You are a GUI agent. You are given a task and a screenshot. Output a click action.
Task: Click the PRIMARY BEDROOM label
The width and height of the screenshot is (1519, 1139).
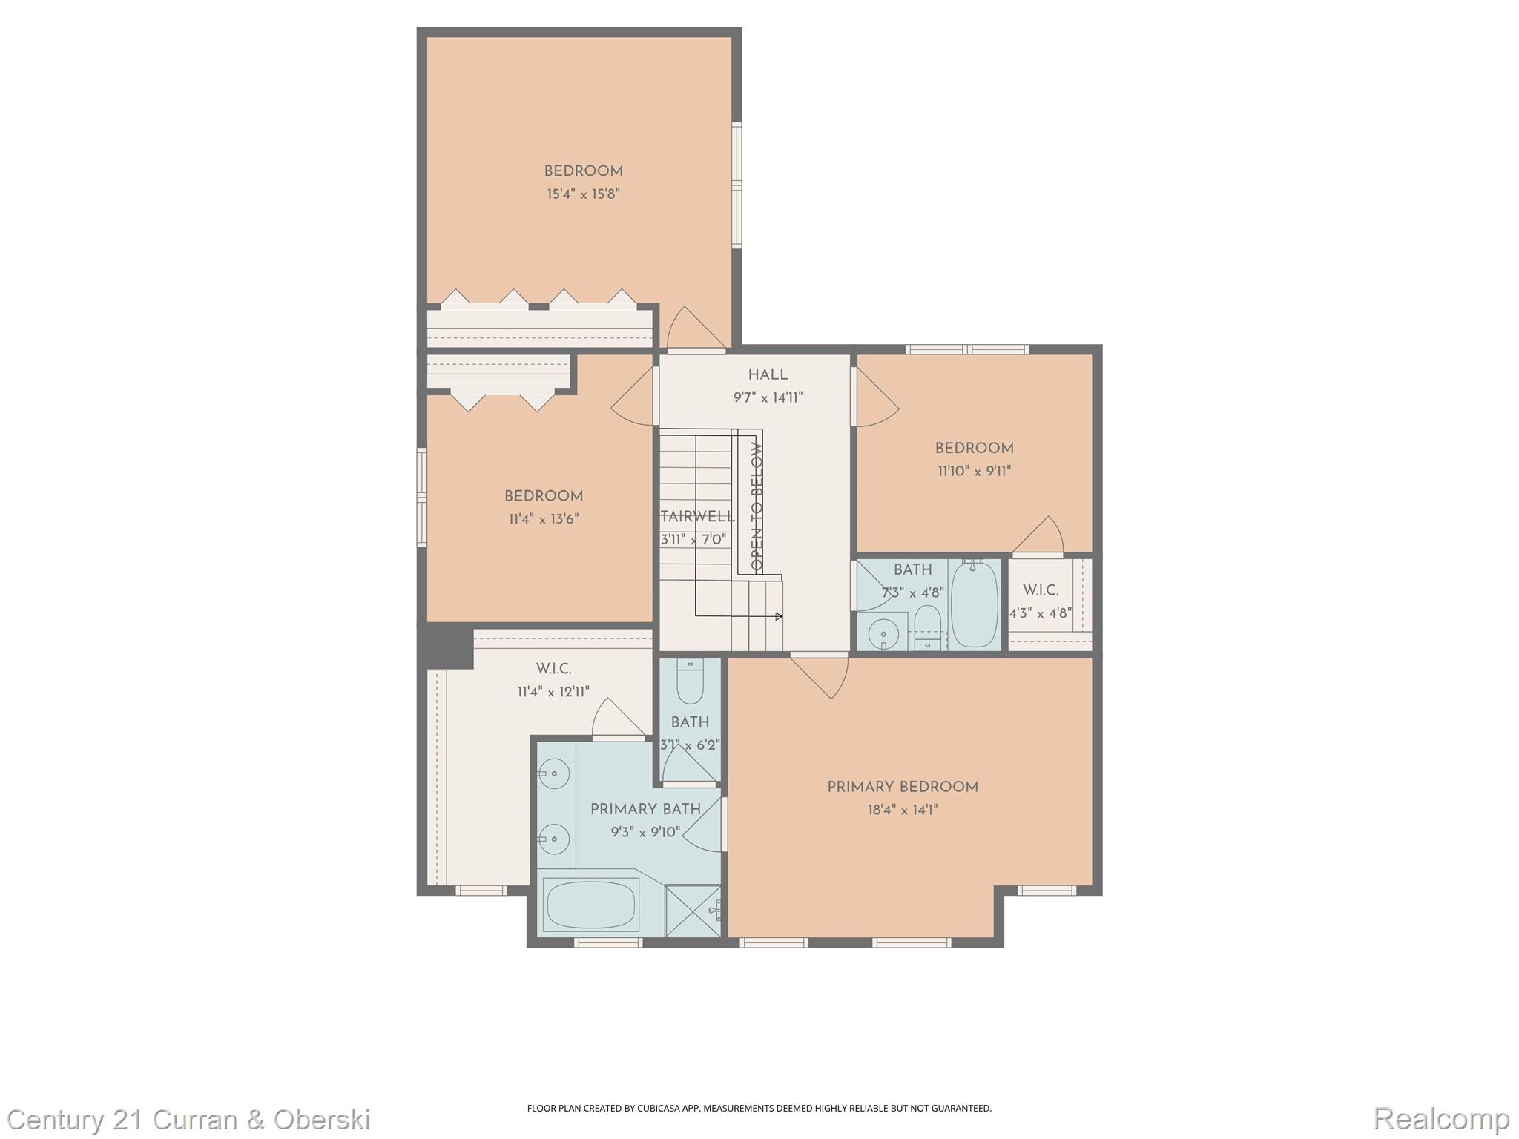click(903, 788)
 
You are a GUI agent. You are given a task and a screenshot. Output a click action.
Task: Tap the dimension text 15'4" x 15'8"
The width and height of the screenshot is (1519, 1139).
click(583, 194)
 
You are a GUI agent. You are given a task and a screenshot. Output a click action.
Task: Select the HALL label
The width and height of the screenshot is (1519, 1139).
click(768, 375)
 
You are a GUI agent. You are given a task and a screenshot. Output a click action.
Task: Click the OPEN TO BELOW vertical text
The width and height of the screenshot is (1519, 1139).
click(757, 506)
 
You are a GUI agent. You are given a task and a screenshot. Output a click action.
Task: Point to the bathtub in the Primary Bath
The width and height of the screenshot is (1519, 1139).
click(591, 905)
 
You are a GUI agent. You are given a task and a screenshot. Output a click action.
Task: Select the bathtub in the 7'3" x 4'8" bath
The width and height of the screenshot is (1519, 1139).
click(975, 604)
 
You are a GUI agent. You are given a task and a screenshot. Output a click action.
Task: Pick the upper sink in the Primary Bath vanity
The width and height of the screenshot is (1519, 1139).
click(553, 776)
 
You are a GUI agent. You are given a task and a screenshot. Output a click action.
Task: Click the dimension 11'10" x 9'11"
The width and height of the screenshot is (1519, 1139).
click(975, 471)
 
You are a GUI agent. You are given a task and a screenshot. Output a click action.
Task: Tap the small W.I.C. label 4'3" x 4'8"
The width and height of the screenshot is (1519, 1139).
click(1041, 613)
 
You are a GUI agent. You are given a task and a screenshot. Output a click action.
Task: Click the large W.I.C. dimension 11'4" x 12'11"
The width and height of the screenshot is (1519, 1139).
click(553, 692)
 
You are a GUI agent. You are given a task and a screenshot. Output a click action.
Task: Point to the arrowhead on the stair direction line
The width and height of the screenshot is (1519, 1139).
click(779, 616)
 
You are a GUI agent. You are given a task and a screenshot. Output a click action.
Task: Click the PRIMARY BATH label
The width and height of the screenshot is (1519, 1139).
click(645, 810)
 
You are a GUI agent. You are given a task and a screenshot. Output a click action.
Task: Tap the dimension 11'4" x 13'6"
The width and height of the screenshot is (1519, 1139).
click(544, 519)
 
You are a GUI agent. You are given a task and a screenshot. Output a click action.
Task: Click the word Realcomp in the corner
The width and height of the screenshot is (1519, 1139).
click(1441, 1118)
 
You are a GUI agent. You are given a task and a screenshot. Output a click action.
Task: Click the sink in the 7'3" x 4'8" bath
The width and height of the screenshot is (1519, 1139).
click(883, 634)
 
